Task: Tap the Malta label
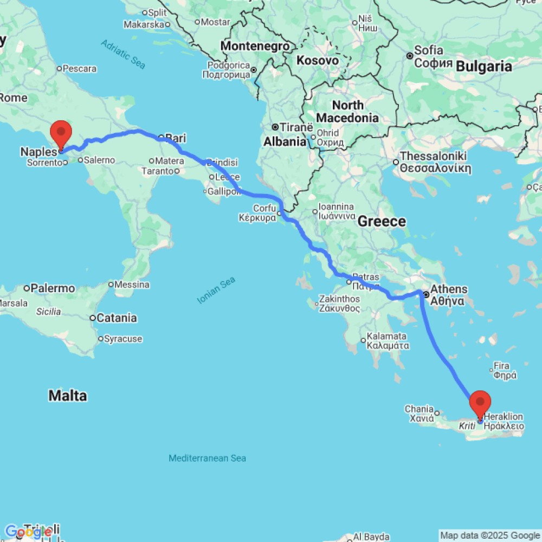coord(68,396)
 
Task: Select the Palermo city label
coord(53,288)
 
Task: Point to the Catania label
coord(117,318)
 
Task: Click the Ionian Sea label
coord(216,289)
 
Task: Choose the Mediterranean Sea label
coord(207,458)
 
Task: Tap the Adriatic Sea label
coord(123,54)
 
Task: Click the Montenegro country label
coord(255,46)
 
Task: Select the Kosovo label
coord(317,60)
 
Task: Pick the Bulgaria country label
coord(484,66)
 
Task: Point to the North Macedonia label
coord(347,111)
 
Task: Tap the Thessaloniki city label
coord(434,156)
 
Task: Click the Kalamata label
coord(386,336)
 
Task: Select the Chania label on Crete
coord(419,409)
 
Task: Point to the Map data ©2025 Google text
coord(490,536)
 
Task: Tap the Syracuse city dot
coord(101,339)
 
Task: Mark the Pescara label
coord(80,69)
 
